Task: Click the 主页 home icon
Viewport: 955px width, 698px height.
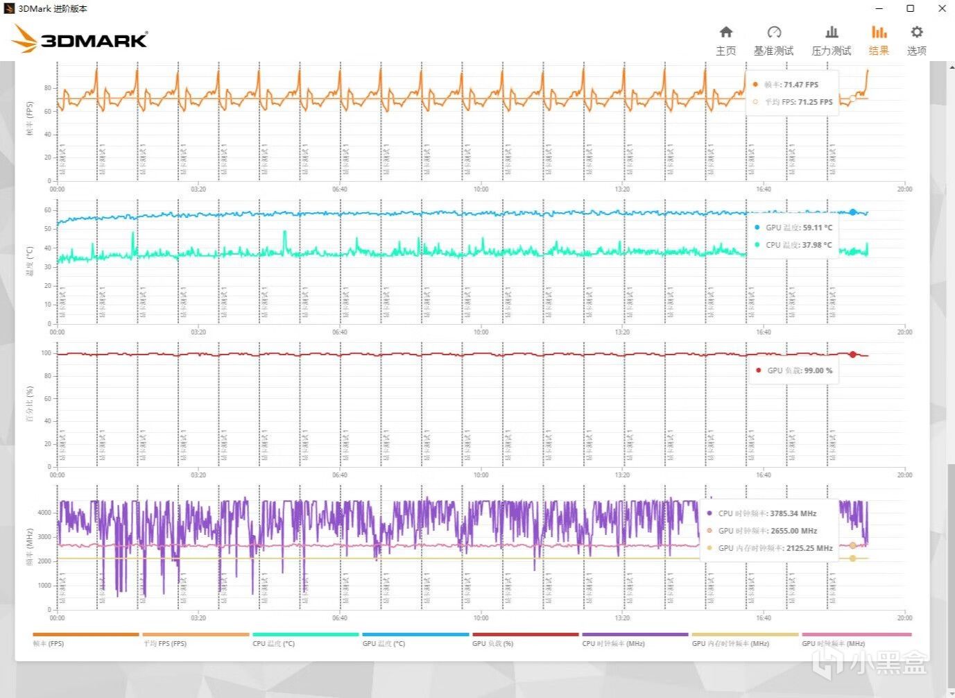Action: pyautogui.click(x=725, y=33)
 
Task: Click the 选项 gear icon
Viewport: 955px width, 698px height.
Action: pyautogui.click(x=916, y=33)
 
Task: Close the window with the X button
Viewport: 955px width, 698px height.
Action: pyautogui.click(x=942, y=8)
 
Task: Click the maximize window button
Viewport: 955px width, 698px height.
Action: pyautogui.click(x=911, y=8)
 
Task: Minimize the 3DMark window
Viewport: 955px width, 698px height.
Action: pyautogui.click(x=879, y=8)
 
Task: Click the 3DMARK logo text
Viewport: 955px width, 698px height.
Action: pyautogui.click(x=94, y=40)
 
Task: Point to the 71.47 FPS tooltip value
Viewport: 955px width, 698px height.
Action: pyautogui.click(x=800, y=85)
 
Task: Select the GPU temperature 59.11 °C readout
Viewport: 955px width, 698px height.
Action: pyautogui.click(x=817, y=228)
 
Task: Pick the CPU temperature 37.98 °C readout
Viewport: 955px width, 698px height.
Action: pyautogui.click(x=817, y=245)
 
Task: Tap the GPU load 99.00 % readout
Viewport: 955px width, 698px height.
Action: pyautogui.click(x=818, y=371)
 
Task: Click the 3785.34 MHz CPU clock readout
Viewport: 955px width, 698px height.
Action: pyautogui.click(x=793, y=513)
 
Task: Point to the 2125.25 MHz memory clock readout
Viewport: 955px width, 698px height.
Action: pyautogui.click(x=809, y=548)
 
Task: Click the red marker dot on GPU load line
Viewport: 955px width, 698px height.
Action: pyautogui.click(x=852, y=355)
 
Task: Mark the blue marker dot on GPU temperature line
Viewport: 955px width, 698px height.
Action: pyautogui.click(x=852, y=212)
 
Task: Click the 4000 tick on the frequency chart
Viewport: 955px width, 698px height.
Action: pyautogui.click(x=44, y=513)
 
